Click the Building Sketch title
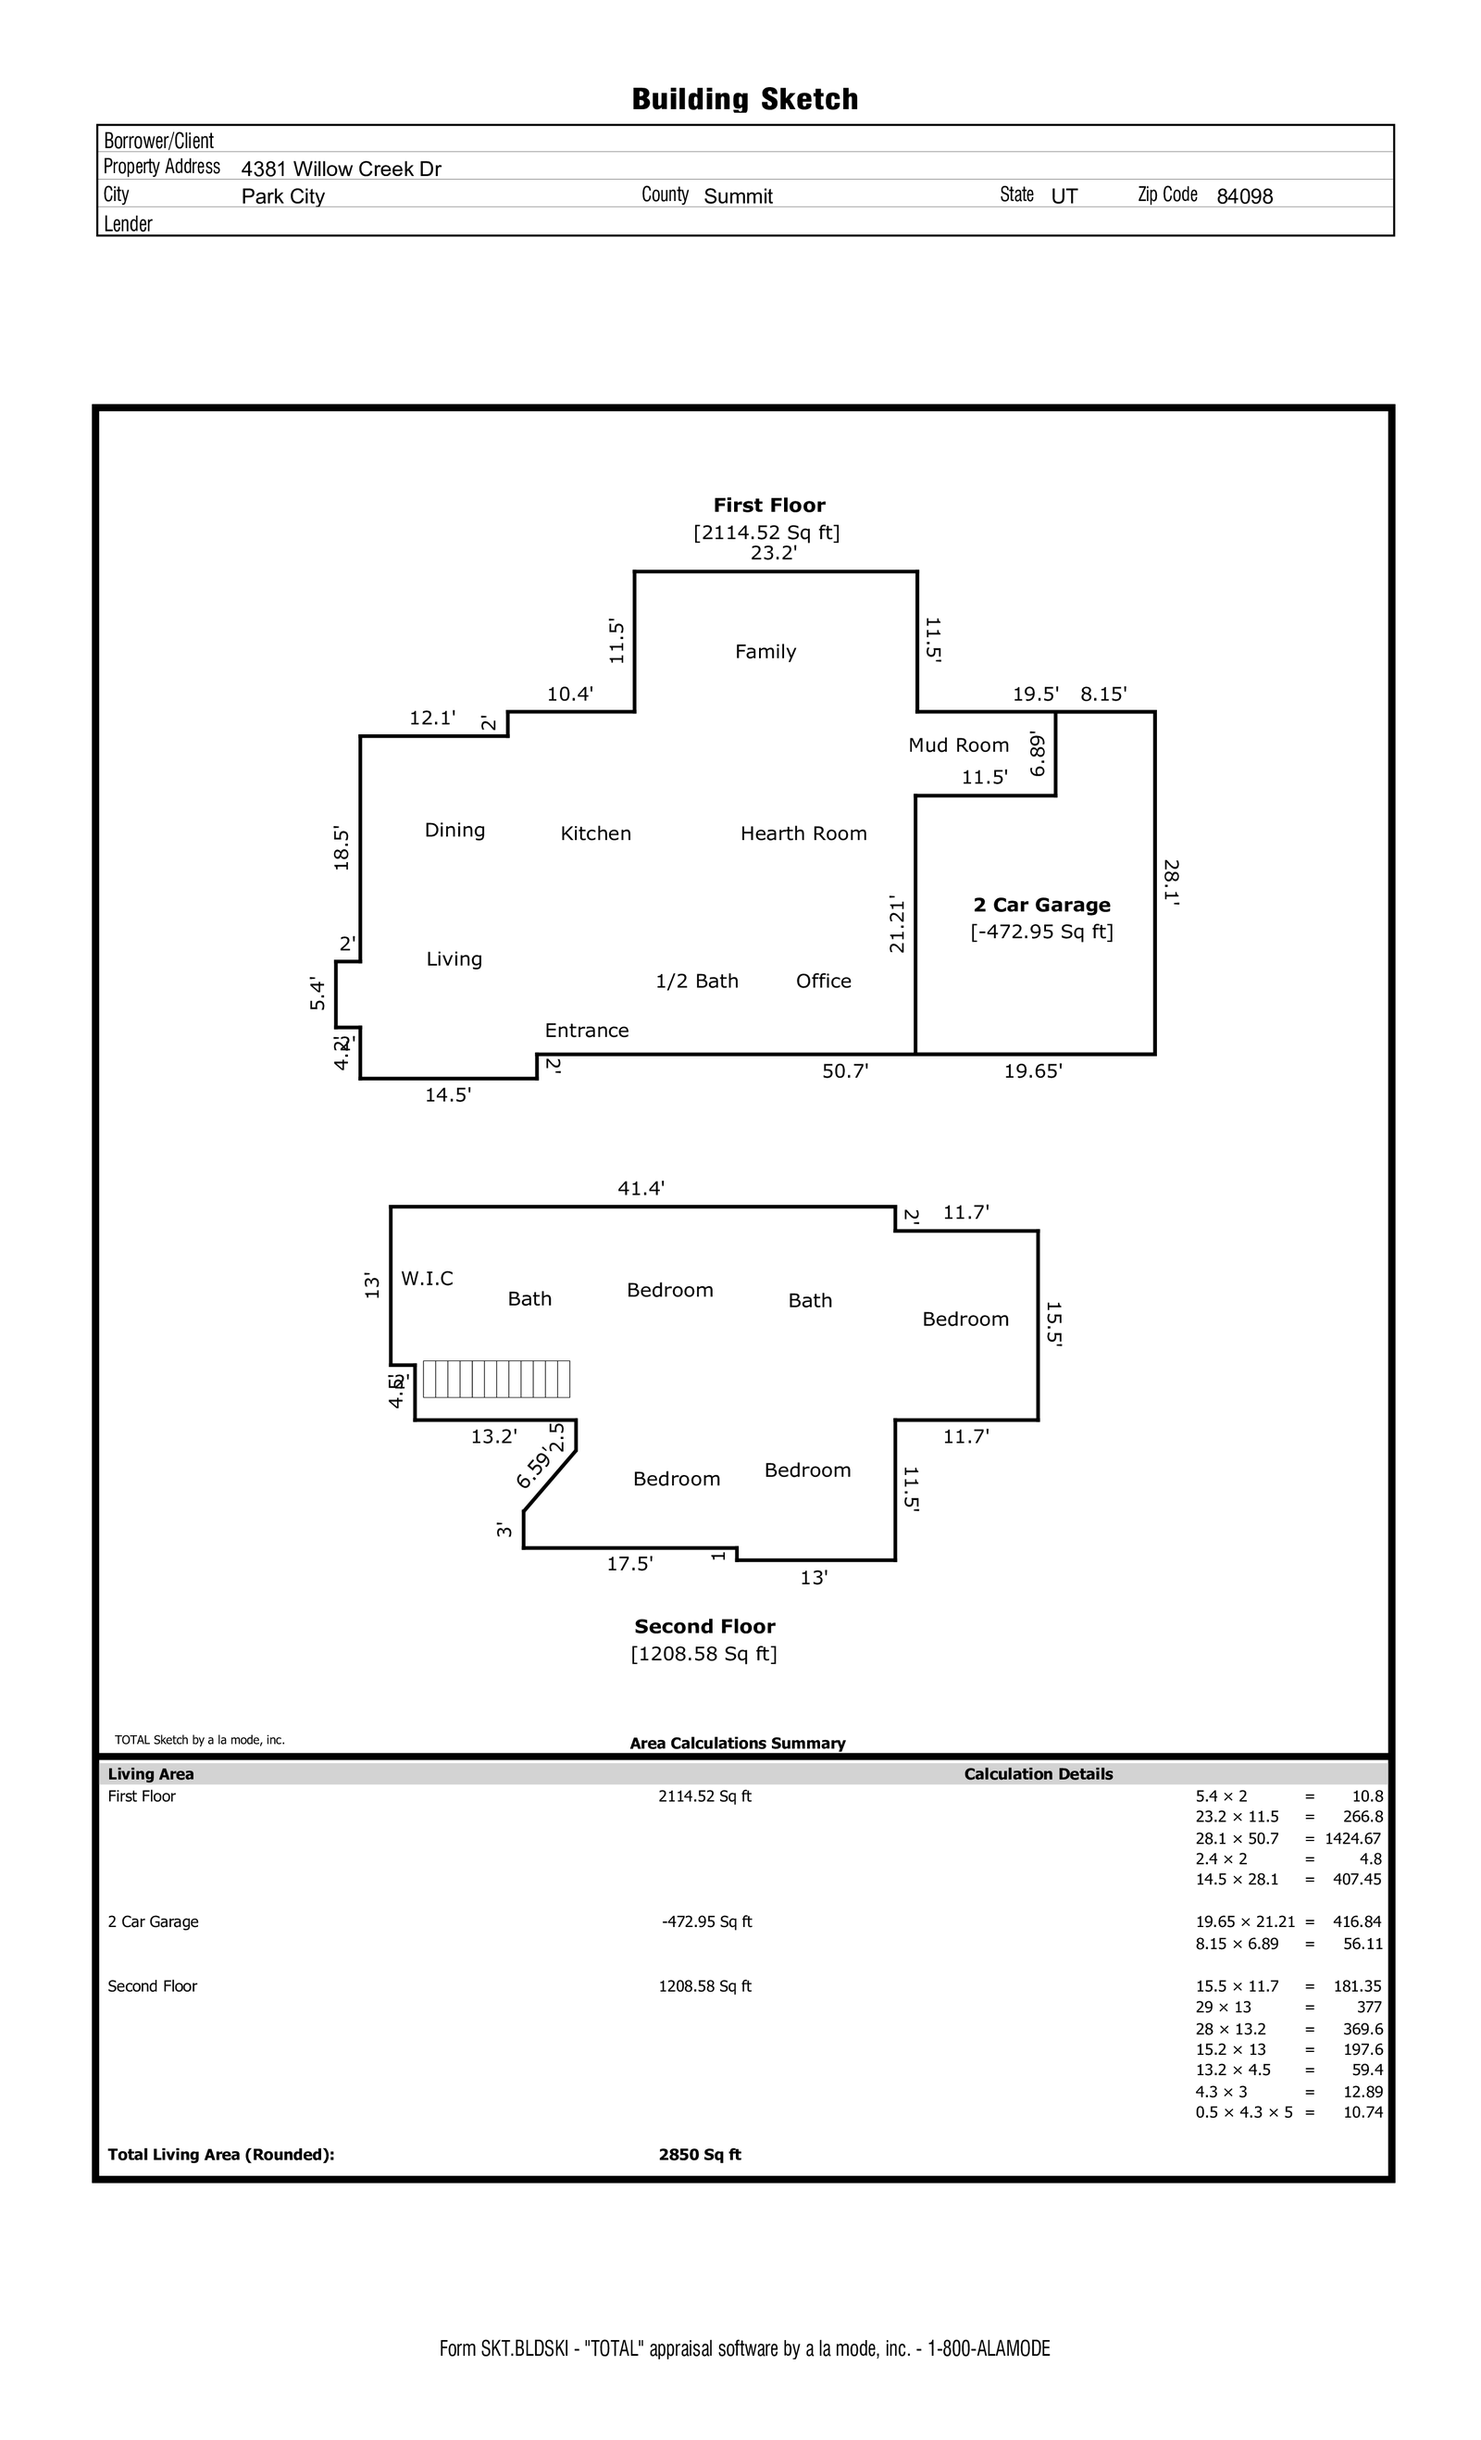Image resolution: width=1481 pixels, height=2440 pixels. [x=744, y=99]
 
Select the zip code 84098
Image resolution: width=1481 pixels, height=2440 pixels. [x=1244, y=196]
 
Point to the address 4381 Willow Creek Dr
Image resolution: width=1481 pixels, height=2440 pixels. [x=342, y=169]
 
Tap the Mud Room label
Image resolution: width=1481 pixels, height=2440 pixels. [x=958, y=745]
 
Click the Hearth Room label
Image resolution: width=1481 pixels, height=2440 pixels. [x=803, y=832]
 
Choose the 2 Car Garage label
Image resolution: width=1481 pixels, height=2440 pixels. [x=1041, y=904]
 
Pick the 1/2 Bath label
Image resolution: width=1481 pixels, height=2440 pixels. [x=697, y=981]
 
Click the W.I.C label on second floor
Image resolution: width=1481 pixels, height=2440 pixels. [x=427, y=1279]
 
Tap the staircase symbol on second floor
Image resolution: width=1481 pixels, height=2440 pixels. [x=496, y=1379]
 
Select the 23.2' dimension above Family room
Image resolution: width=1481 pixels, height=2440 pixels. [x=773, y=554]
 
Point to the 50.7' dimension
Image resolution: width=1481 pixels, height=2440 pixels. [x=845, y=1070]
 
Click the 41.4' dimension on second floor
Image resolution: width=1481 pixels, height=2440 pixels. [x=641, y=1188]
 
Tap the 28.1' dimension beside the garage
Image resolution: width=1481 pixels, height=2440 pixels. [x=1170, y=883]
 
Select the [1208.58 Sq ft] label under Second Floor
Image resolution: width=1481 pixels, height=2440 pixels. [x=703, y=1654]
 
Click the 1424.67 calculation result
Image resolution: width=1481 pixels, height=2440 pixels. [x=1352, y=1838]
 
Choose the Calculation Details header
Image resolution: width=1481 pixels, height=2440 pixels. [x=1039, y=1773]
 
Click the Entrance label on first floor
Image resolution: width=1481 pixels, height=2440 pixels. [x=586, y=1030]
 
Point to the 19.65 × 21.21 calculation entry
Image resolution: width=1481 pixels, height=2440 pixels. [x=1244, y=1921]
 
